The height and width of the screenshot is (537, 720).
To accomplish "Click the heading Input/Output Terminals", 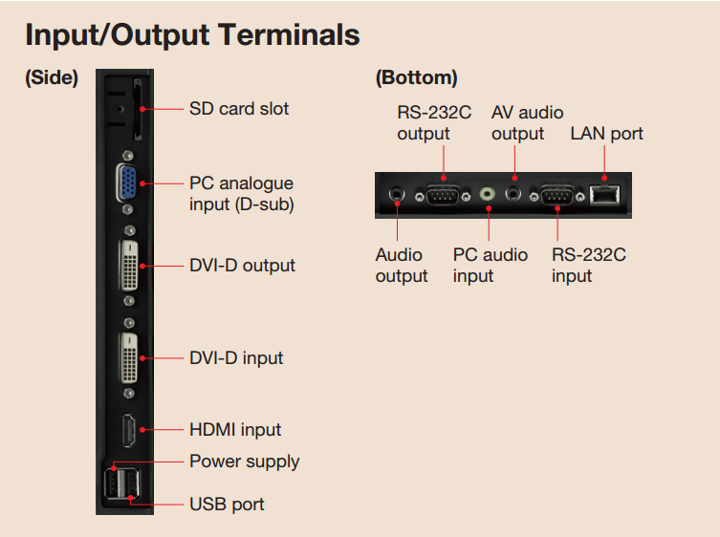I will point(192,35).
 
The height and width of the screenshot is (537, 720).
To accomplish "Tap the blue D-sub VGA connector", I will point(126,183).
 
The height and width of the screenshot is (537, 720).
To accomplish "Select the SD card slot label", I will point(239,109).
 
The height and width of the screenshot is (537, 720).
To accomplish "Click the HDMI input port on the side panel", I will point(127,431).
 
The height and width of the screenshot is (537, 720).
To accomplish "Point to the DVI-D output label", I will point(242,266).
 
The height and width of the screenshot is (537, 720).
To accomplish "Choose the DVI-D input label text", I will point(236,358).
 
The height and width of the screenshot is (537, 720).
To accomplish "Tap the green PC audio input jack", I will point(488,194).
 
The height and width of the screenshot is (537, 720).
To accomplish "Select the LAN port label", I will point(606,134).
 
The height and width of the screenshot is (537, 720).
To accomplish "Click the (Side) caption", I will point(52,78).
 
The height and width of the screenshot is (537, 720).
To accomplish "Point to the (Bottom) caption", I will point(416,78).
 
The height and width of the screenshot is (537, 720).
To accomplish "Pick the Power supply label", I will point(245,462).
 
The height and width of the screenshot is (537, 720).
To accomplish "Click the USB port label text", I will point(227,504).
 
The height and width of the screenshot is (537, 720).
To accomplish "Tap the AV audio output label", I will point(527,123).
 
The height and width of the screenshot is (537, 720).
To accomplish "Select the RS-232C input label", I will point(589,266).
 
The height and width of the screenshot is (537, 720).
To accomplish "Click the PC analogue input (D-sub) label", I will point(241,193).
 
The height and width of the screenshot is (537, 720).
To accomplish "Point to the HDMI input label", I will point(235,430).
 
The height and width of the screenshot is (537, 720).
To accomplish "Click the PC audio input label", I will point(490,266).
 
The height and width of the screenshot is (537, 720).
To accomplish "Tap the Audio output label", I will point(402,266).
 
